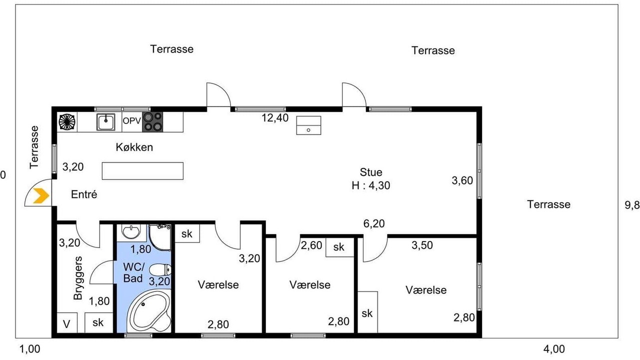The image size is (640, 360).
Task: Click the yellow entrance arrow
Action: (x=41, y=195)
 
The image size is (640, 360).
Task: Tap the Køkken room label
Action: (x=134, y=147)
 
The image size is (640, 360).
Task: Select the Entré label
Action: (x=84, y=194)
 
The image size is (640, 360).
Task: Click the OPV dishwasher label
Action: (x=131, y=121)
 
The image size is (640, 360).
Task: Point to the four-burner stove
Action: (x=152, y=122)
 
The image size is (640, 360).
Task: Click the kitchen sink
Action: (x=105, y=122)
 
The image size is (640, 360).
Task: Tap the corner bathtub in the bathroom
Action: (x=148, y=311)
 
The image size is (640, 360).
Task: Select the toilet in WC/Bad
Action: (x=160, y=269)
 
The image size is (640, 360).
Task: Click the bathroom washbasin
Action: (x=131, y=231)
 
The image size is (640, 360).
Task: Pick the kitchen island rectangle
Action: (x=142, y=171)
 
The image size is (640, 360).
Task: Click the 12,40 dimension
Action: (x=275, y=117)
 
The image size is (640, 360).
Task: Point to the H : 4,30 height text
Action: (x=371, y=185)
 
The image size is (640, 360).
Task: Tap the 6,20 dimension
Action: (x=374, y=223)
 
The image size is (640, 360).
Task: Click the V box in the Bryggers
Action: (x=67, y=322)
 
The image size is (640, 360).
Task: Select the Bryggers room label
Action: (x=77, y=278)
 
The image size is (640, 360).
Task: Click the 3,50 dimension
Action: (x=422, y=245)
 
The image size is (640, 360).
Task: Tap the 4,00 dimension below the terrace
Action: (x=554, y=349)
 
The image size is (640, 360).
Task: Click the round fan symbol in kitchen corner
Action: (x=67, y=122)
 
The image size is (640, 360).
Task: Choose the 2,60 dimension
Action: (x=311, y=245)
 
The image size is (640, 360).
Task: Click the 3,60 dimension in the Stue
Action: (x=462, y=180)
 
